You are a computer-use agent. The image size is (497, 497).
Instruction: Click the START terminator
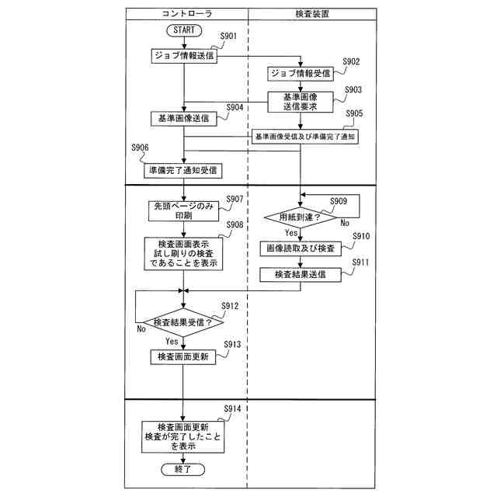coord(183,30)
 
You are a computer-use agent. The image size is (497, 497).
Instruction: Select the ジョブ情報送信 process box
coord(183,55)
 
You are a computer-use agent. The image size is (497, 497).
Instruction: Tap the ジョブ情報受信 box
coord(300,74)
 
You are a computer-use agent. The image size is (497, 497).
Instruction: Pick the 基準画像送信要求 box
coord(300,101)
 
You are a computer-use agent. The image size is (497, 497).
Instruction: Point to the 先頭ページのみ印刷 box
coord(183,211)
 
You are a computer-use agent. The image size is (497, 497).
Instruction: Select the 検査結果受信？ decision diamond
coord(183,321)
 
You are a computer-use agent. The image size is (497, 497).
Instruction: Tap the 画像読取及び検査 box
coord(300,248)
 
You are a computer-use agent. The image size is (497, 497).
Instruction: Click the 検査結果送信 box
coord(300,275)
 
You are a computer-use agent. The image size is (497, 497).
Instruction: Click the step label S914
coord(233,408)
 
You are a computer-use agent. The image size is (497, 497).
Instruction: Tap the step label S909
coord(339,202)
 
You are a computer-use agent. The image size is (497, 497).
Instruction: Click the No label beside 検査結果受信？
coord(141,329)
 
